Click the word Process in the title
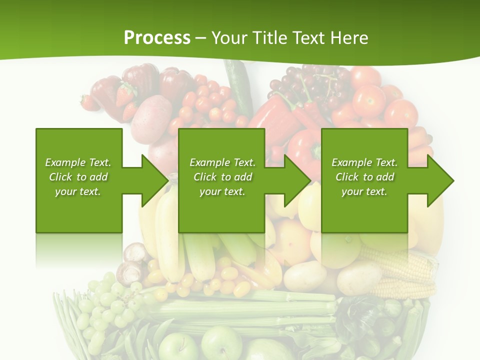point(157,37)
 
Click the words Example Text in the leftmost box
point(78,162)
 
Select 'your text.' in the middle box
point(222,191)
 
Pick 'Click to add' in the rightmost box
point(364,177)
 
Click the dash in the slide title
point(201,38)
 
